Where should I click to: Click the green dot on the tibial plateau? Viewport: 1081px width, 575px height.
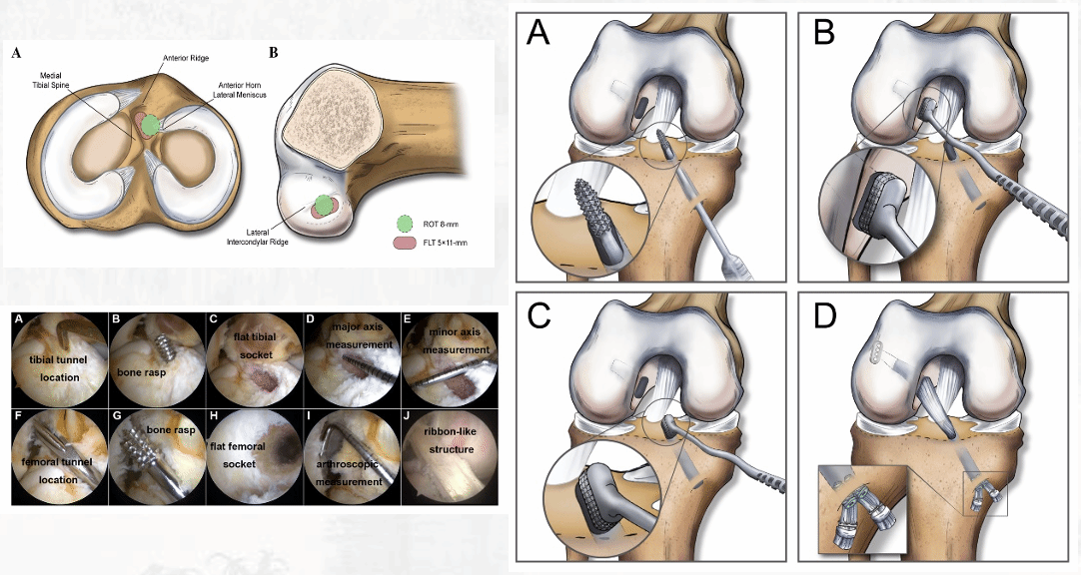150,126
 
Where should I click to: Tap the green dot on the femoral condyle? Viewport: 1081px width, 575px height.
321,207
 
